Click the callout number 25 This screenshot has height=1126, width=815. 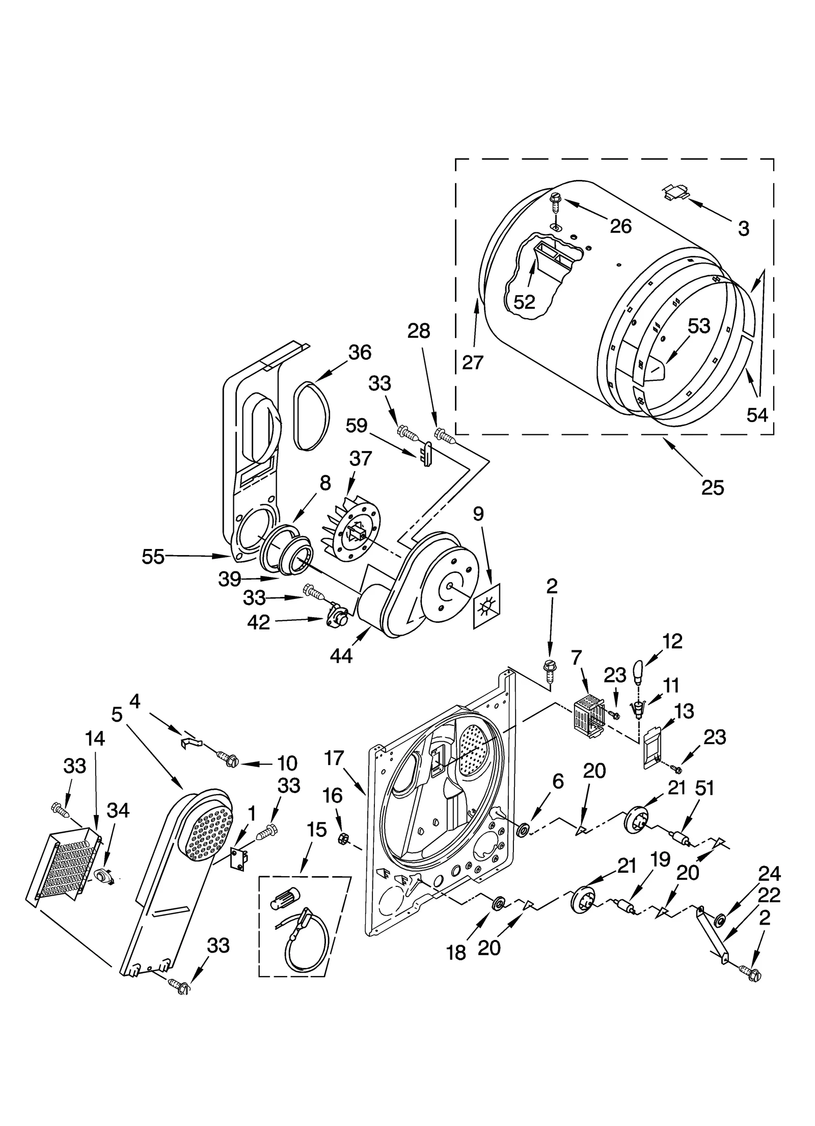(712, 488)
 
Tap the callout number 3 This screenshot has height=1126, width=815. (743, 229)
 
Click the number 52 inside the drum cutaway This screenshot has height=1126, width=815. (524, 302)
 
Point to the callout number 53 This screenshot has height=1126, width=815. (698, 326)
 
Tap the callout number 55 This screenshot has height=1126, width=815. (153, 557)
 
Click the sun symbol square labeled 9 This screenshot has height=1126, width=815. (487, 606)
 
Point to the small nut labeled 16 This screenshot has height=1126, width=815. (343, 836)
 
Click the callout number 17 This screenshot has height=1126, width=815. (334, 757)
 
